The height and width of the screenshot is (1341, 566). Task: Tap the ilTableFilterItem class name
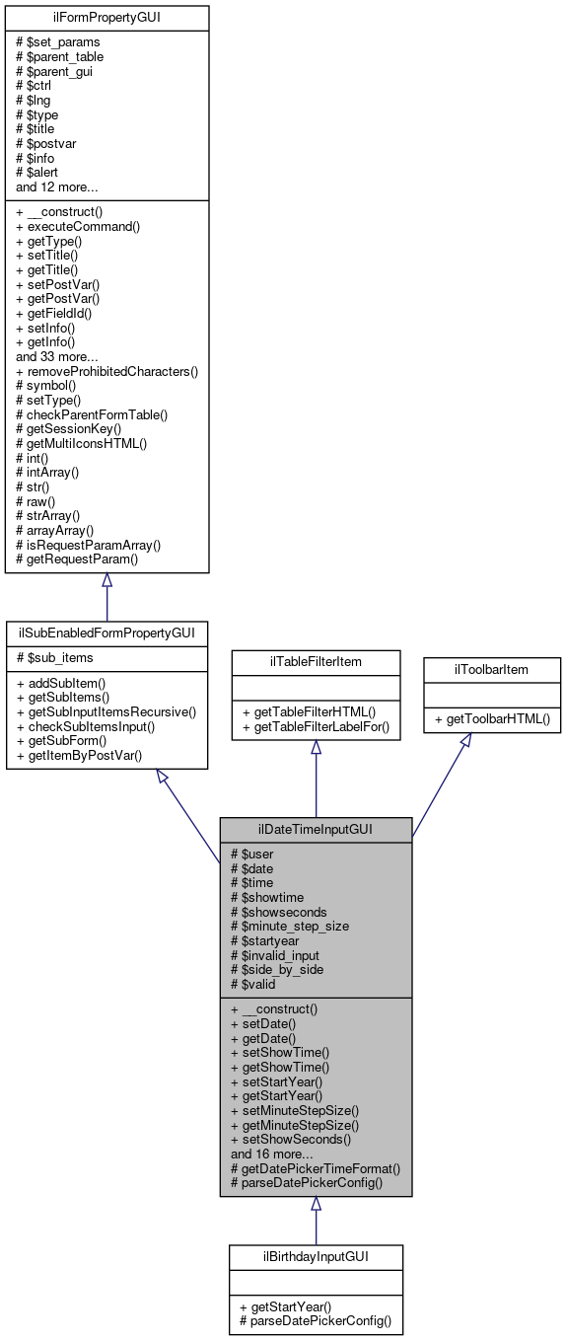(316, 661)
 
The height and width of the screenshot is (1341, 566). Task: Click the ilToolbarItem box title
(492, 669)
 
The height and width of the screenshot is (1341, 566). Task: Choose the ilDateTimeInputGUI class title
(316, 830)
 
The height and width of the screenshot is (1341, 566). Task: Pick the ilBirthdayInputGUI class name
(316, 1256)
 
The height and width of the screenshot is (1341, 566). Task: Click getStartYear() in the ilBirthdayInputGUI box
(290, 1306)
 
